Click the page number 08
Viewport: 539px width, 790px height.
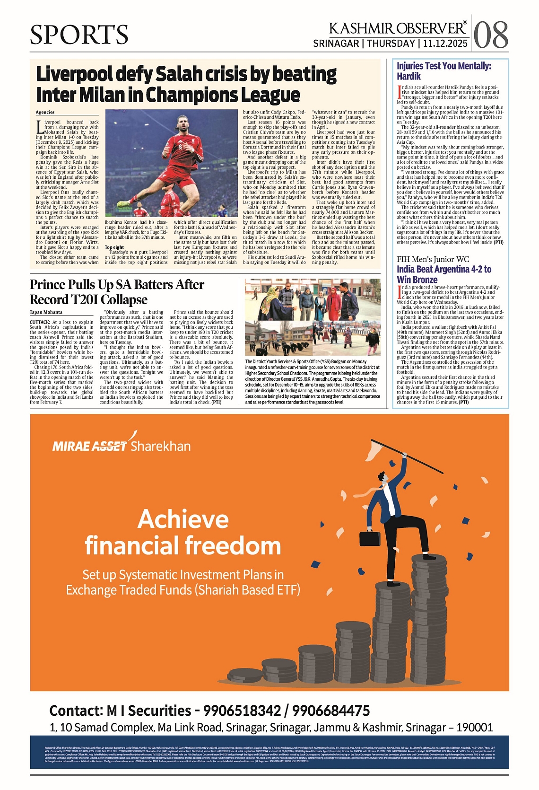coord(490,35)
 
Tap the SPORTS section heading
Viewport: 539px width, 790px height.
coord(79,35)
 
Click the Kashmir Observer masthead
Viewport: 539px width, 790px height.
coord(397,28)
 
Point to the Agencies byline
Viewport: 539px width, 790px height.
coord(45,112)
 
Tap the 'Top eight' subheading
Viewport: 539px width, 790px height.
coord(114,247)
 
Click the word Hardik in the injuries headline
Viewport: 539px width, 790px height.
coord(409,76)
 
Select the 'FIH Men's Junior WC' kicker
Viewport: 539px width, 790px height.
coord(433,259)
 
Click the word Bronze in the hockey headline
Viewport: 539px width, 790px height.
coord(424,280)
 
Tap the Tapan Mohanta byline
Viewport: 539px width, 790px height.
coord(46,312)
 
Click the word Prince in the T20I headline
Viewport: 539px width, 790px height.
coord(48,285)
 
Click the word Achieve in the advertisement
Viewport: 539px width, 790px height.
coord(183,519)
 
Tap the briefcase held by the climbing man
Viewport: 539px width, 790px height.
coord(370,538)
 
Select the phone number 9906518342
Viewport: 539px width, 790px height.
coord(242,711)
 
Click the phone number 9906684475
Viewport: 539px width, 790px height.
coord(330,711)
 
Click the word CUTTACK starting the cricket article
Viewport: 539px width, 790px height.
coord(40,322)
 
